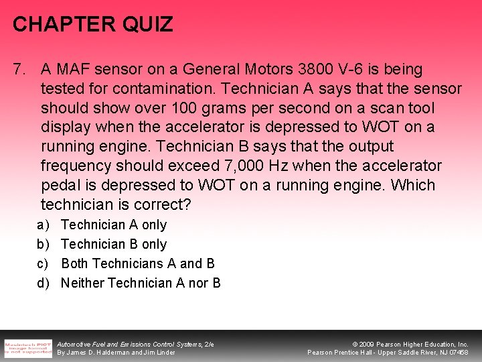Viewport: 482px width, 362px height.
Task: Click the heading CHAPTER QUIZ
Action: tap(93, 25)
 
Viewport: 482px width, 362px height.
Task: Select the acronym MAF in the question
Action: tap(72, 69)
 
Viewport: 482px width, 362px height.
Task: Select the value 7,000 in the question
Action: tap(245, 166)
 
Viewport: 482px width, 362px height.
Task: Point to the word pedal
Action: tap(60, 185)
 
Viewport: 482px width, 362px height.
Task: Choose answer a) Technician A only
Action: tap(113, 225)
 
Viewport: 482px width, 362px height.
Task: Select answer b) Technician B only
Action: tap(113, 244)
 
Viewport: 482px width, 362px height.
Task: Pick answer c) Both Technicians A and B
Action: tap(137, 263)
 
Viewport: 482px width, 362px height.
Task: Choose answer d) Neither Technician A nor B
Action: tap(141, 283)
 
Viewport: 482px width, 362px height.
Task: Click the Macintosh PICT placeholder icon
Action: tap(27, 348)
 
